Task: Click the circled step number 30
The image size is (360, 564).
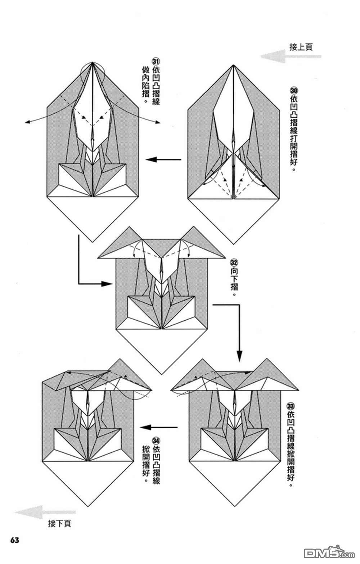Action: coord(294,90)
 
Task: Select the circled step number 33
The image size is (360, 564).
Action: coord(291,406)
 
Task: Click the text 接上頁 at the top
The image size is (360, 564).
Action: coord(301,47)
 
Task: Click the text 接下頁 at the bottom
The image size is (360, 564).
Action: coord(59,523)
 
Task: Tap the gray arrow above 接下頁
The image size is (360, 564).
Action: coord(45,512)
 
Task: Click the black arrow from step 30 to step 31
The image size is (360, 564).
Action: coord(163,159)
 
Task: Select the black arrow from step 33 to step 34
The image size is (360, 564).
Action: coord(159,427)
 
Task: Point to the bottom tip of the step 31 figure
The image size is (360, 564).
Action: coord(93,242)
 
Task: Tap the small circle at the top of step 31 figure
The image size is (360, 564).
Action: coord(93,74)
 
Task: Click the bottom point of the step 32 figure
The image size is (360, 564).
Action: coord(162,374)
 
